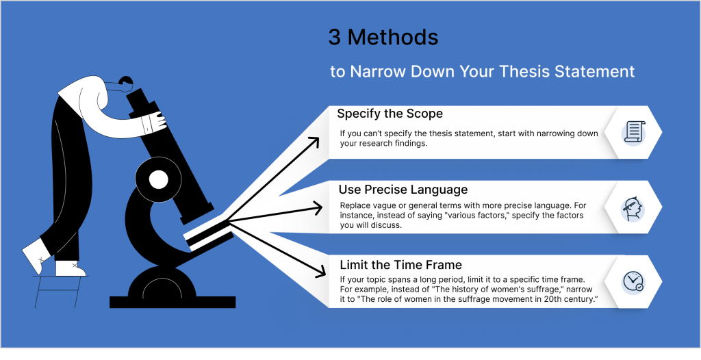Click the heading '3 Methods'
(383, 38)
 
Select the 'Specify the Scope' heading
(390, 114)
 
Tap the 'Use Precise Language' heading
(403, 190)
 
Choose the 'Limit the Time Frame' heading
(400, 265)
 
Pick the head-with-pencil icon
(633, 208)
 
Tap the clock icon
(633, 282)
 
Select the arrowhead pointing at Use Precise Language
(318, 207)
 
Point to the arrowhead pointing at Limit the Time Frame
(319, 270)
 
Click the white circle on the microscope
(158, 180)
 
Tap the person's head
(125, 83)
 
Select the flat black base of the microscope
(173, 302)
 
